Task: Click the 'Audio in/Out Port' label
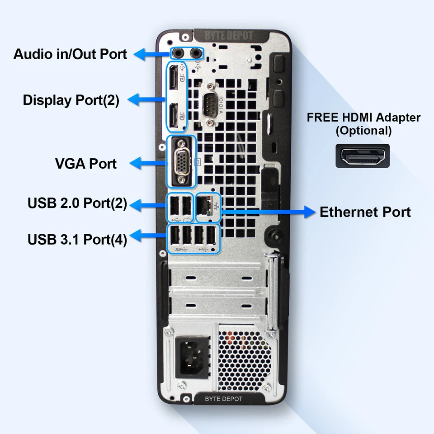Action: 70,54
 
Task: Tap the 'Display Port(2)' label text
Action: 71,100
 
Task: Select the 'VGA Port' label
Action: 86,163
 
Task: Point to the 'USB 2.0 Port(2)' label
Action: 77,203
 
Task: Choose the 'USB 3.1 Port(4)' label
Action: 77,239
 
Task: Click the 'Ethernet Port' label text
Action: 365,212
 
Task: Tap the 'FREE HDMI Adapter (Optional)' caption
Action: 363,124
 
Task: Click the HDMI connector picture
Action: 363,156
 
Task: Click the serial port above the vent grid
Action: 209,103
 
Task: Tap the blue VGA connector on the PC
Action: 182,161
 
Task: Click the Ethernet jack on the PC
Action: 205,206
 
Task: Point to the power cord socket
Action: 192,357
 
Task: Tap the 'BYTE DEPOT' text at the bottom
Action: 223,399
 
